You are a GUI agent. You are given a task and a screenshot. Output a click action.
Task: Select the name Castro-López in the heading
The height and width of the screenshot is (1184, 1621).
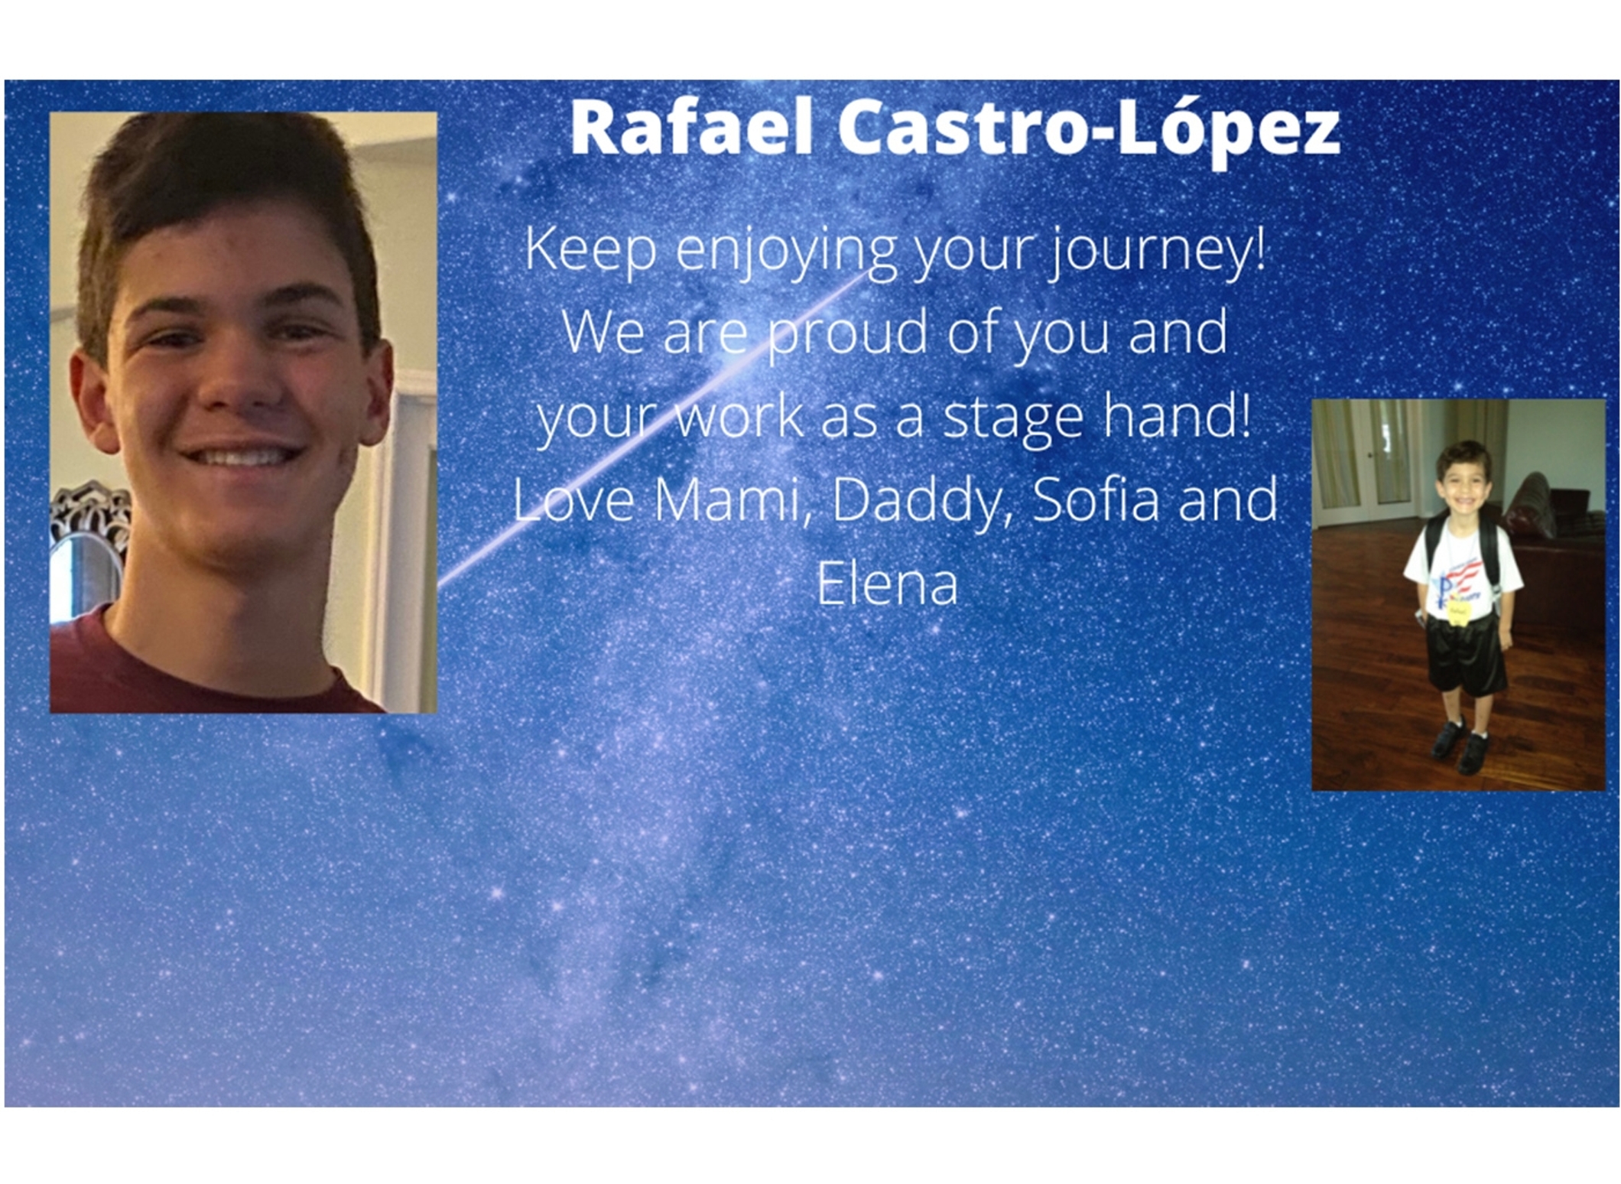pos(1089,132)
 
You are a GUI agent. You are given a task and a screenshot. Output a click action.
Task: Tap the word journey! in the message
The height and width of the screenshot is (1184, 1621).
pos(1157,252)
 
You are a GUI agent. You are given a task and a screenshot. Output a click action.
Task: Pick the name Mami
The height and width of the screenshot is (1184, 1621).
pos(730,499)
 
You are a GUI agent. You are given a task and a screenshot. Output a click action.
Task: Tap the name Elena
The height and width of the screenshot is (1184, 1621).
pos(887,584)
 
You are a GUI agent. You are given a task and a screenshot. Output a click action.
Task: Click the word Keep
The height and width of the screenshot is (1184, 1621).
pos(590,251)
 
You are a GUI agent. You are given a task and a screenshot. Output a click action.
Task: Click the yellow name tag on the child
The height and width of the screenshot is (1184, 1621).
pos(1457,612)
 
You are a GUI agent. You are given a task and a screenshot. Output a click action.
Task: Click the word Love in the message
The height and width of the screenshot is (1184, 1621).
pos(573,499)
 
